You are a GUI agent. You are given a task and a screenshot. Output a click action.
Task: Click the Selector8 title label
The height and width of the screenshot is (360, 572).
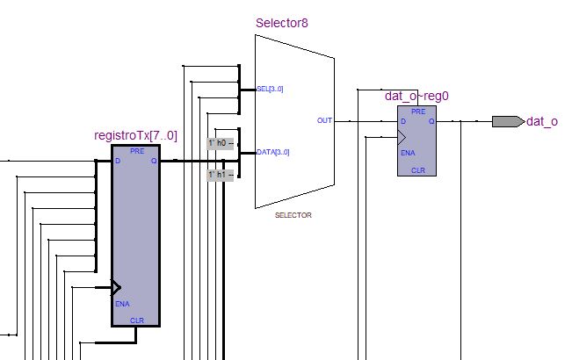282,23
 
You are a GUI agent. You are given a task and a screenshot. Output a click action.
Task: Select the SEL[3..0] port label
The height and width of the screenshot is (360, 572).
270,89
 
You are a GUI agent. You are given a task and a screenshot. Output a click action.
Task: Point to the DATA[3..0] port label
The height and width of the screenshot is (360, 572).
273,152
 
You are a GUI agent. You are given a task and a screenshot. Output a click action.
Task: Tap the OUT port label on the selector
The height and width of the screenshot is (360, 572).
324,120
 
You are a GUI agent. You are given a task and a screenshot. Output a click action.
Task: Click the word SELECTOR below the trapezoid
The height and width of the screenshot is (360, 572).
293,215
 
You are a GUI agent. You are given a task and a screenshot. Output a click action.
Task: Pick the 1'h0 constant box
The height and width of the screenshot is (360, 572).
221,143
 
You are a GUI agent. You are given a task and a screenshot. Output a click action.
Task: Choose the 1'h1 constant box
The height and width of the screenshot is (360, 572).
221,175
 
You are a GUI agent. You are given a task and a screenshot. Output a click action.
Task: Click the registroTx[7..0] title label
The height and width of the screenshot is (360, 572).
135,135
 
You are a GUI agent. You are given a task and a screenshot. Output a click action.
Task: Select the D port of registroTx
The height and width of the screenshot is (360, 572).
118,161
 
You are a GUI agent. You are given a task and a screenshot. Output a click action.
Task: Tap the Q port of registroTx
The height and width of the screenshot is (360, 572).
154,161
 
